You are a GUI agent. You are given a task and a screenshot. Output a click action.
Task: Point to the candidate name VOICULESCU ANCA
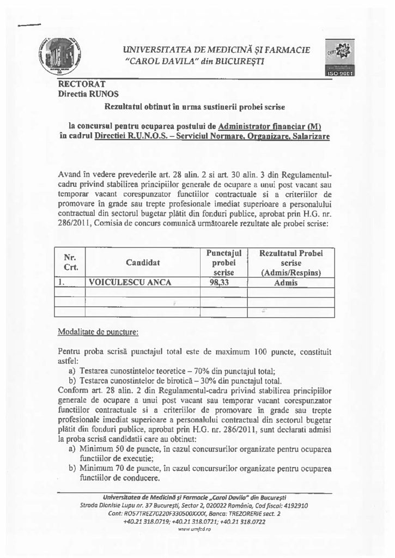pos(130,282)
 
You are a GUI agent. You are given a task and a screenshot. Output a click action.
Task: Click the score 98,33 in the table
pos(220,282)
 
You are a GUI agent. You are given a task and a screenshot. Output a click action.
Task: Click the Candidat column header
pos(143,263)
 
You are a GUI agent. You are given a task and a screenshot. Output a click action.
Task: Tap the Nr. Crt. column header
pos(71,263)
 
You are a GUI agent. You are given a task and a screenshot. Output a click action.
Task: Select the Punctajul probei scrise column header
pos(224,263)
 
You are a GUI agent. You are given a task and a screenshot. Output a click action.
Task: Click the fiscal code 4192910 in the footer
pos(293,505)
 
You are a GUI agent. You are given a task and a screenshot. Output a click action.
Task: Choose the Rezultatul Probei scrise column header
pos(291,263)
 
